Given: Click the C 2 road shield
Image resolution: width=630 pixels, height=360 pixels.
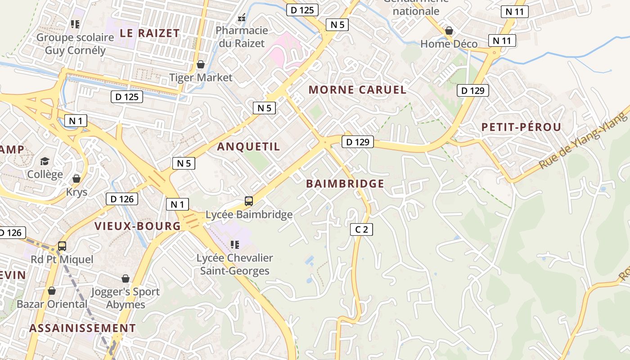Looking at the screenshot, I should [x=361, y=229].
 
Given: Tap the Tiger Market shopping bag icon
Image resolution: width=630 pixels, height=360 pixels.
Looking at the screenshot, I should [x=201, y=65].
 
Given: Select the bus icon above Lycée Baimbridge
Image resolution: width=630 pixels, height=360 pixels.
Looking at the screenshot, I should [x=249, y=201].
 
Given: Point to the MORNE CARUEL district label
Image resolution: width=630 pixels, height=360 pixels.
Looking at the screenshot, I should [x=357, y=90].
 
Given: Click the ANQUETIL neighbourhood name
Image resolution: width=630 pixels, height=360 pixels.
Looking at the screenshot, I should [x=248, y=147].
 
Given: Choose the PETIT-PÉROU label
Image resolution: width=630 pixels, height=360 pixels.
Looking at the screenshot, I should [x=521, y=127].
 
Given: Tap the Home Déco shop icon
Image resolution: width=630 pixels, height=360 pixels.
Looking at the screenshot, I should [x=449, y=31].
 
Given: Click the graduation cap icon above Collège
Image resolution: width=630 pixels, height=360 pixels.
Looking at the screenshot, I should [x=45, y=162].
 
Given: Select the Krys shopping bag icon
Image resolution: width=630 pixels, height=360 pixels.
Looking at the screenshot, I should [x=76, y=179].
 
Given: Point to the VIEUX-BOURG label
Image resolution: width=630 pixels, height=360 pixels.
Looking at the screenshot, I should [x=137, y=226].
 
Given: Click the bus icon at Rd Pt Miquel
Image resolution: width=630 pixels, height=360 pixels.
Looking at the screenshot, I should [x=62, y=247].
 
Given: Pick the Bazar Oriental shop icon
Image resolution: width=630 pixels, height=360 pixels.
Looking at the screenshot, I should [x=52, y=291].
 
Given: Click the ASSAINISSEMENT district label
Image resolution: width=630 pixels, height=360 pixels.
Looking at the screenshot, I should [x=82, y=328].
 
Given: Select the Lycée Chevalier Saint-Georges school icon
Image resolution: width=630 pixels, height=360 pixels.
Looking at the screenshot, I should [x=234, y=245].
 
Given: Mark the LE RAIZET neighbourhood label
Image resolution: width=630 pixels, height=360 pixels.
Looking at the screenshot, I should [x=150, y=33].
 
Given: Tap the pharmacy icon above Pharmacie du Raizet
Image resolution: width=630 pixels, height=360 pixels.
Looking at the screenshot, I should [x=242, y=18].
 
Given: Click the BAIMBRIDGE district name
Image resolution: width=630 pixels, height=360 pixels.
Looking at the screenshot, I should [x=345, y=184].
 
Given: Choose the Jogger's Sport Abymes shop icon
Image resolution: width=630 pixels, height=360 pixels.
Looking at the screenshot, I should [x=126, y=279].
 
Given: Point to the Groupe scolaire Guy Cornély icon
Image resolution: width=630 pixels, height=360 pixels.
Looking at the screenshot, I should [x=75, y=24].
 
